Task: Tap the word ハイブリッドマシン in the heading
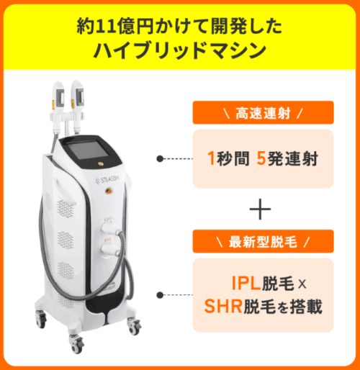point(180,50)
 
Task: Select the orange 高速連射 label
point(263,113)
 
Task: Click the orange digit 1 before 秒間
point(211,158)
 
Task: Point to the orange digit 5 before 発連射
point(261,158)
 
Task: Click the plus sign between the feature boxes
point(260,209)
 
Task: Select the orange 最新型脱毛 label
point(263,241)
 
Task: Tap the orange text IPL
point(246,284)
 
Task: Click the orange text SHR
point(223,306)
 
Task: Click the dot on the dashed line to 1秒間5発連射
point(160,158)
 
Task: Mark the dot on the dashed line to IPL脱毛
point(160,295)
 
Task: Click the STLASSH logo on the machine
point(107,179)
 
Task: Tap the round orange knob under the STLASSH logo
point(109,191)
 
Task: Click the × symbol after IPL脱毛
point(302,284)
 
